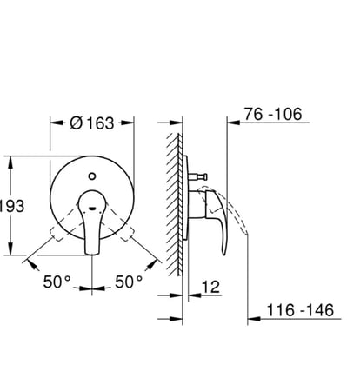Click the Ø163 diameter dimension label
[92, 123]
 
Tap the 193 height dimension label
[11, 206]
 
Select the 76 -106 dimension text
[273, 114]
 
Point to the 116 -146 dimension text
[300, 310]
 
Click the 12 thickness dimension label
[210, 287]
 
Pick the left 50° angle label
[57, 282]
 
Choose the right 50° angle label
[129, 282]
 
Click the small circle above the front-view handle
[92, 176]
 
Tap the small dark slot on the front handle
[92, 208]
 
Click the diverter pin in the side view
[197, 176]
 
